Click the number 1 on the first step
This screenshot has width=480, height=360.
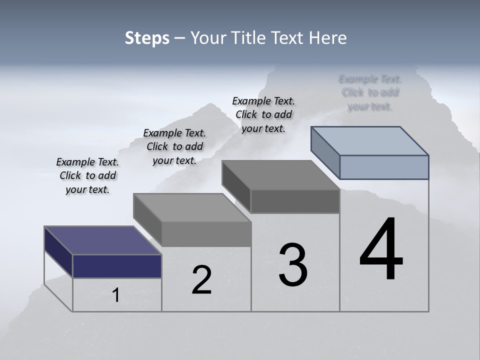click(116, 295)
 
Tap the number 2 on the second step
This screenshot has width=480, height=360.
click(201, 280)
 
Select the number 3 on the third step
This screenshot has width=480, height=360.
click(293, 265)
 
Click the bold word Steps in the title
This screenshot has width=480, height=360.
click(147, 38)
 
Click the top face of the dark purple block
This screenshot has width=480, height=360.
click(102, 240)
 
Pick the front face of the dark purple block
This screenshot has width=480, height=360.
click(117, 266)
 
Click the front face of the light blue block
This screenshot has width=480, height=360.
click(384, 167)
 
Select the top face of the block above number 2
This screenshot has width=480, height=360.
click(192, 207)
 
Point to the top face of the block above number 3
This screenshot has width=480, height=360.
click(280, 175)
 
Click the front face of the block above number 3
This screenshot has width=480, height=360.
click(295, 201)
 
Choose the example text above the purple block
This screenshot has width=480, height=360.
click(87, 175)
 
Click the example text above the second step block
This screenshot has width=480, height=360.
click(174, 146)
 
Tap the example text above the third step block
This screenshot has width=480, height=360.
click(263, 114)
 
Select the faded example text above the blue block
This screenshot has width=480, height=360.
click(370, 92)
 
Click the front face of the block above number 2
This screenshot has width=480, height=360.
click(206, 234)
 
